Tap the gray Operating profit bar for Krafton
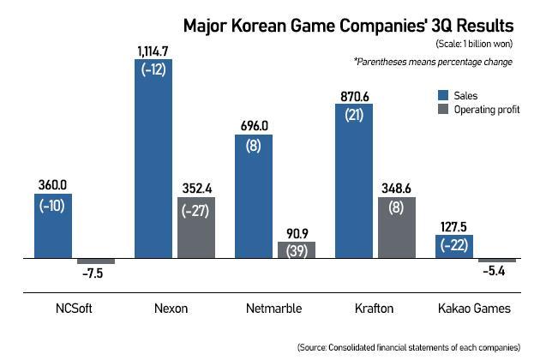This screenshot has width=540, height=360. tap(395, 227)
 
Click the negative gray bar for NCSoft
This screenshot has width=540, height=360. tap(96, 261)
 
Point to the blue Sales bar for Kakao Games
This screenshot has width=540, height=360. tap(453, 246)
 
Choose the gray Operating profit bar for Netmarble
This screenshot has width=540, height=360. tap(296, 249)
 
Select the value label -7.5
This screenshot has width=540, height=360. tap(97, 273)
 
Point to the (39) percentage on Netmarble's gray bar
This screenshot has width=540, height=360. tap(296, 251)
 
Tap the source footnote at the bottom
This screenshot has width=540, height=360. tap(408, 347)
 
